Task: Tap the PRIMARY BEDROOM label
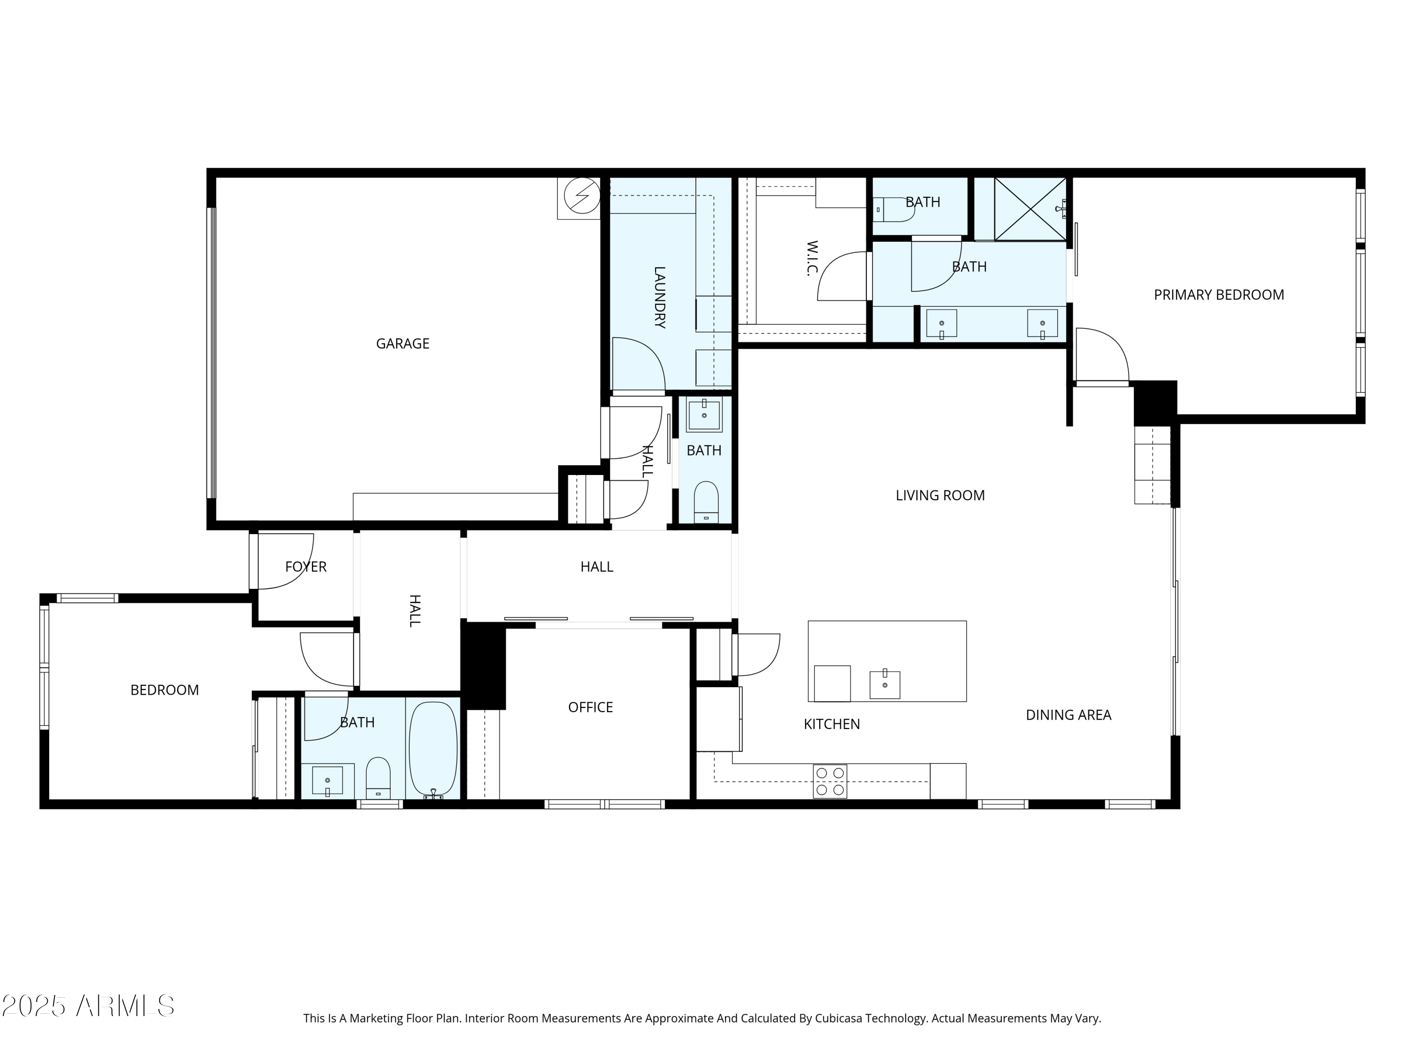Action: (x=1218, y=295)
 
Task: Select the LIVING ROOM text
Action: (x=939, y=496)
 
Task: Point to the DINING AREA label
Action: (x=1068, y=715)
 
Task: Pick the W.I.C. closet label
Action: (x=811, y=258)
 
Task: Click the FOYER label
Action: (x=305, y=567)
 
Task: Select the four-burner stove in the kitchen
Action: (x=829, y=781)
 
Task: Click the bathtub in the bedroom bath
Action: (x=433, y=749)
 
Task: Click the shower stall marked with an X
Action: (x=1029, y=209)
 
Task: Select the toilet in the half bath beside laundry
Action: (x=706, y=500)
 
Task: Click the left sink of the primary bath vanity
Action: (x=941, y=324)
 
